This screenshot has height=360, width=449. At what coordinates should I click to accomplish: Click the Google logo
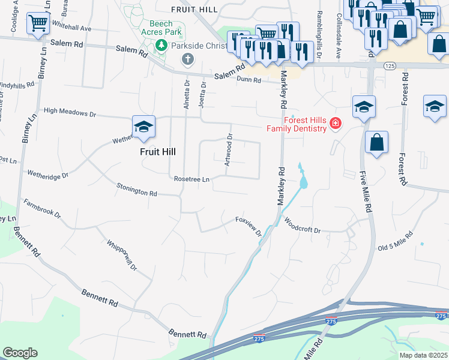tap(20, 353)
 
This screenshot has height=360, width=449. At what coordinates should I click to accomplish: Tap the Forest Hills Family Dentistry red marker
tap(335, 124)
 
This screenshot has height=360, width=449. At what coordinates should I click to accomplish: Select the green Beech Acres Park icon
tap(161, 45)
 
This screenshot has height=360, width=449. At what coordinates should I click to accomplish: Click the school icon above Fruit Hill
tap(143, 127)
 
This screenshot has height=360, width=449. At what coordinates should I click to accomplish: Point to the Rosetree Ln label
tap(191, 179)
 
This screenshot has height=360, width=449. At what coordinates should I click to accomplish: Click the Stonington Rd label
tap(137, 189)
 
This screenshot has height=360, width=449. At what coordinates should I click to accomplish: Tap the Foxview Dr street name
tap(249, 226)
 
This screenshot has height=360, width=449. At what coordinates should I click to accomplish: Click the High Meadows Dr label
tap(70, 112)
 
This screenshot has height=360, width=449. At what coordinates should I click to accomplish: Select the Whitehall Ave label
tap(71, 28)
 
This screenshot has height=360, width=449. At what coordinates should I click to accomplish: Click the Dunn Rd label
tap(248, 79)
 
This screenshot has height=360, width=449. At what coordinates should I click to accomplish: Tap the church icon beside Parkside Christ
tap(188, 59)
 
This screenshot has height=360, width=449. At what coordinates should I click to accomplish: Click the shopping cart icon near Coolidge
tap(38, 24)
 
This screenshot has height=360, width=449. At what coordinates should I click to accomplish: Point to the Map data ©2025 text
tap(423, 355)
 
